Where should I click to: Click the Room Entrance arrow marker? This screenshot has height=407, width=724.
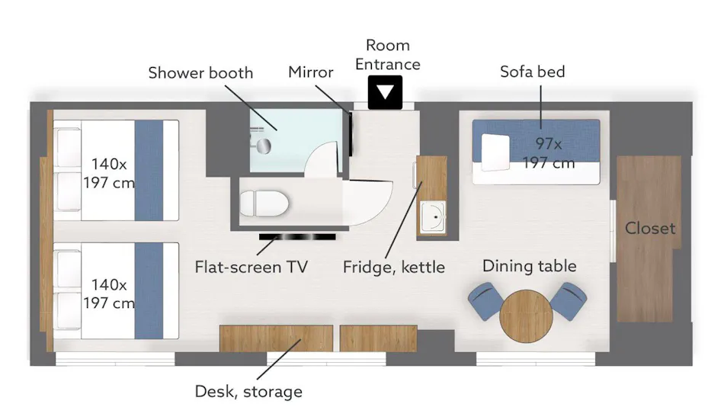click(x=385, y=92)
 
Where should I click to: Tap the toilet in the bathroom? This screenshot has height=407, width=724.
click(x=264, y=203)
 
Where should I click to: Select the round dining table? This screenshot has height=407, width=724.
click(x=526, y=316)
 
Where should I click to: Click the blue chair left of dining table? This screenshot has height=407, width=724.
click(x=485, y=301)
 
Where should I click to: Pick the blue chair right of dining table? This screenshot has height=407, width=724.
click(x=568, y=301)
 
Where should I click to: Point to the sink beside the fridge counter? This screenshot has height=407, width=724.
click(x=433, y=216)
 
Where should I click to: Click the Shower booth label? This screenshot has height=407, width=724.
click(x=200, y=73)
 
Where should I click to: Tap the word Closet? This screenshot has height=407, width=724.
click(x=649, y=228)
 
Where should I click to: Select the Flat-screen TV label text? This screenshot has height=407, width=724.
click(x=251, y=267)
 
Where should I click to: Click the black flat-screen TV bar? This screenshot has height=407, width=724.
click(x=297, y=237)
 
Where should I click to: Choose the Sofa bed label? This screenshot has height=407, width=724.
click(x=533, y=72)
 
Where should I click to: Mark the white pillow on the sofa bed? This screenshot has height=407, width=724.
click(x=495, y=152)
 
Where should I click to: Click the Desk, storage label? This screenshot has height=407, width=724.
click(x=248, y=392)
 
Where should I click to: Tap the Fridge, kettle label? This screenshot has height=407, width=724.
click(x=394, y=267)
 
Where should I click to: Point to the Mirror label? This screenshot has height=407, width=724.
click(x=311, y=72)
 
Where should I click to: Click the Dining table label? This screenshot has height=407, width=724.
click(x=529, y=266)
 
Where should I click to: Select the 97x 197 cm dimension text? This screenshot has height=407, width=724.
click(x=549, y=153)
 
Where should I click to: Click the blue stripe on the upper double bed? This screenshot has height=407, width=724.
click(x=149, y=171)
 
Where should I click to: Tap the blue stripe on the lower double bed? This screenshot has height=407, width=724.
click(x=149, y=291)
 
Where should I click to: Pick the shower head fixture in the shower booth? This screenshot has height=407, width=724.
click(x=264, y=146)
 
